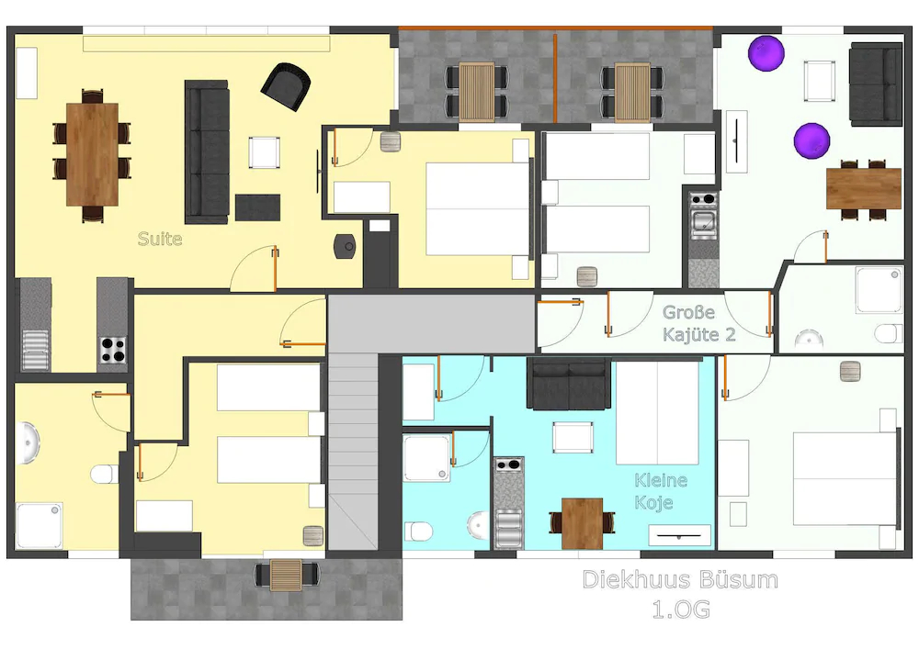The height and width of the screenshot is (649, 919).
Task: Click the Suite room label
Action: [160, 240]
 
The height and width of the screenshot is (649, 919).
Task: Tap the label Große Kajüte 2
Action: [698, 323]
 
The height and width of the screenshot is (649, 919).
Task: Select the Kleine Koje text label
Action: [660, 491]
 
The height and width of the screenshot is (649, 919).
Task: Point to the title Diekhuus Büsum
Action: [680, 580]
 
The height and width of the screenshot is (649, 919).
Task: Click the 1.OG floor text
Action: [680, 608]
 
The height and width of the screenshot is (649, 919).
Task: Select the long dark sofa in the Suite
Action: [206, 151]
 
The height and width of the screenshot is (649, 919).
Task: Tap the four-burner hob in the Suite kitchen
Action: [113, 351]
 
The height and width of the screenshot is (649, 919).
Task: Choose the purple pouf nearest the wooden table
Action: [812, 141]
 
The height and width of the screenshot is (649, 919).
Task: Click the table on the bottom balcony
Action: [285, 575]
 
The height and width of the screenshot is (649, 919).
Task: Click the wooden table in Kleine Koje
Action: [582, 522]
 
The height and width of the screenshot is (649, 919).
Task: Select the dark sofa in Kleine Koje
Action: [569, 384]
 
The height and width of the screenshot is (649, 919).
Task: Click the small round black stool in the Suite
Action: [346, 245]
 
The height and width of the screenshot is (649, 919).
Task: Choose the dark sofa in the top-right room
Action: [875, 84]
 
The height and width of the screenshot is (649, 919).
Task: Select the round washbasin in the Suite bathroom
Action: [28, 445]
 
